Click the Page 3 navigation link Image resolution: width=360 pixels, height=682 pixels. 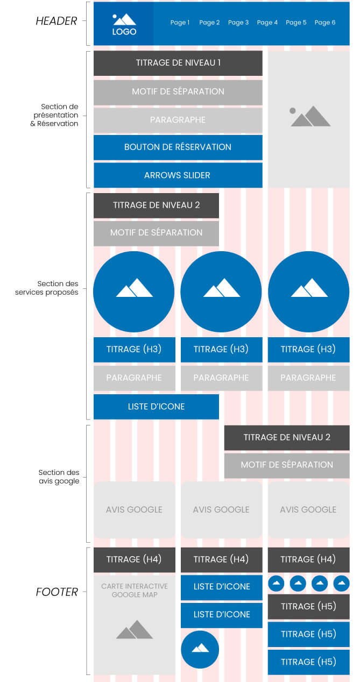(x=238, y=23)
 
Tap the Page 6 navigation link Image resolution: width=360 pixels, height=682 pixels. (x=325, y=23)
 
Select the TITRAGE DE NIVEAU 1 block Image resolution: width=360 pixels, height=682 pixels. (x=178, y=63)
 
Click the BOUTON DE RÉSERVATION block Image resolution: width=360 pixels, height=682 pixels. (x=178, y=147)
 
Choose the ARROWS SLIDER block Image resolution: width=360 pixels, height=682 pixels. (x=178, y=175)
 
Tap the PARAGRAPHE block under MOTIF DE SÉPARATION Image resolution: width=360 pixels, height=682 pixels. (x=178, y=120)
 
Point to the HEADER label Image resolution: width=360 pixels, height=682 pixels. (x=57, y=22)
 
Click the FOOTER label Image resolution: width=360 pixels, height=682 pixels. (x=57, y=592)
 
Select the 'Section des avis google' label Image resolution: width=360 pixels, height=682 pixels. (x=59, y=477)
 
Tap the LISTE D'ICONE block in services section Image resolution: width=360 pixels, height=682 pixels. (x=156, y=407)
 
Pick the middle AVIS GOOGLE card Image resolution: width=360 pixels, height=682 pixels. (x=221, y=510)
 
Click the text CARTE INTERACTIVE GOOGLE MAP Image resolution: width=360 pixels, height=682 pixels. (x=135, y=590)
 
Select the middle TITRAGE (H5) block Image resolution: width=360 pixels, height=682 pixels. (x=308, y=634)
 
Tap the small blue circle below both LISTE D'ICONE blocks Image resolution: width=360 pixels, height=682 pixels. (x=200, y=650)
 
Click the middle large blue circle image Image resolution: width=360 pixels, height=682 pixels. (x=221, y=291)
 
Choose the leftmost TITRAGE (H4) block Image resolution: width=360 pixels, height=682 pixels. (x=134, y=560)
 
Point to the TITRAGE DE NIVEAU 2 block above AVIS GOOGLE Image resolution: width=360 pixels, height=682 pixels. (x=287, y=437)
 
